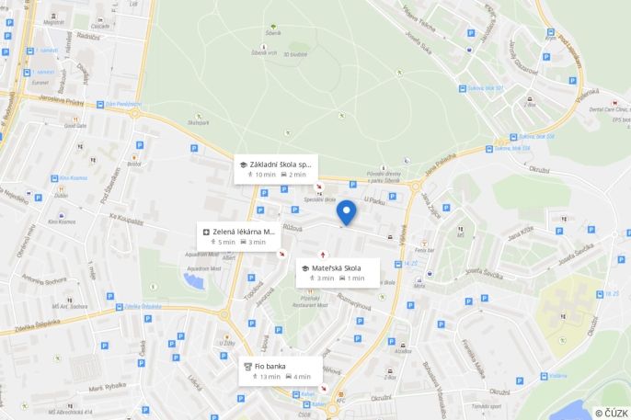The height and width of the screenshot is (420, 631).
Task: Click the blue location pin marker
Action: (346, 212)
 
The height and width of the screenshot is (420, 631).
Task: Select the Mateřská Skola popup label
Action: (337, 273)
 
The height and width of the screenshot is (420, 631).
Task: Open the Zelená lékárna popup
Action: (238, 236)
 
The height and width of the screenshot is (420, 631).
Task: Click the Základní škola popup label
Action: (276, 169)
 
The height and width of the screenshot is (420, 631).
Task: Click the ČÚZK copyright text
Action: (611, 413)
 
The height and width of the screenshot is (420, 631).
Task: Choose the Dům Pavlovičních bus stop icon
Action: (100, 104)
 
